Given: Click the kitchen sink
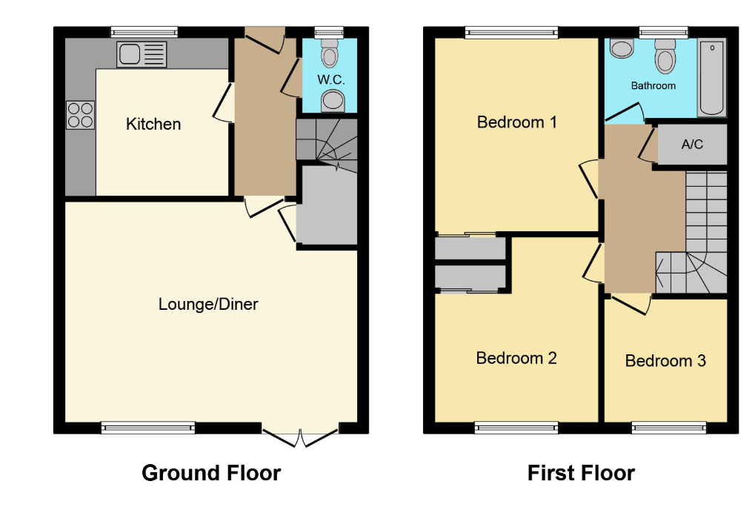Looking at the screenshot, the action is [x=142, y=54].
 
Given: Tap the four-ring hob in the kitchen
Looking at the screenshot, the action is [x=81, y=115].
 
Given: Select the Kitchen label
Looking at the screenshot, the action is [x=153, y=125].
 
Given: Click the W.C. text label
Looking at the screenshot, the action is [x=331, y=79].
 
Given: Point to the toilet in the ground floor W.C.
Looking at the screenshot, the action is [x=330, y=53].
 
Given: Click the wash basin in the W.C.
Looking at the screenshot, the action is [x=333, y=101].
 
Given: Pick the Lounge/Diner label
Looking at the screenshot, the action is [x=208, y=305].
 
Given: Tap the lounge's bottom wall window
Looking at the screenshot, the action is [x=148, y=428].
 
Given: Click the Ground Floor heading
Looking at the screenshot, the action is [x=211, y=473].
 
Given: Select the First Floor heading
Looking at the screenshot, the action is [x=581, y=473].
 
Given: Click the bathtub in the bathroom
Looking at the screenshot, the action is [x=712, y=78].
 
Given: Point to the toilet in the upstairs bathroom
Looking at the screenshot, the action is [x=665, y=56].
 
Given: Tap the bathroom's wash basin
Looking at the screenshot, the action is [x=622, y=48].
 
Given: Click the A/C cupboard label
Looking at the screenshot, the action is [x=692, y=144].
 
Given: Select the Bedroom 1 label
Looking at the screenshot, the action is [x=516, y=122].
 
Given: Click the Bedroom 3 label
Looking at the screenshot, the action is [x=665, y=361].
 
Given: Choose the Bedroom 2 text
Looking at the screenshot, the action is [x=516, y=358].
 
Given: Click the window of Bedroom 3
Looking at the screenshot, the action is [x=669, y=428].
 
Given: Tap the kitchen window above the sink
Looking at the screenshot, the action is [x=144, y=33].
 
